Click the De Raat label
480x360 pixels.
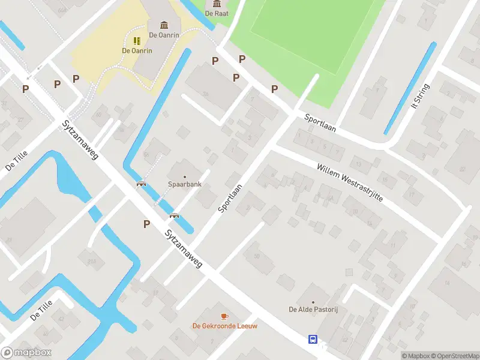click(x=216, y=13)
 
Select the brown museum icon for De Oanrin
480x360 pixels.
click(x=164, y=25)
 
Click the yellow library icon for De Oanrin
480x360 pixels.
click(x=137, y=41)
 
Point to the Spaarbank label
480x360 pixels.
click(x=184, y=184)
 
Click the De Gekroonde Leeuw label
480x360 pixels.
click(x=225, y=326)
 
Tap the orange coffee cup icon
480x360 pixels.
click(x=225, y=316)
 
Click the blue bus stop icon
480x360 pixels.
click(x=313, y=340)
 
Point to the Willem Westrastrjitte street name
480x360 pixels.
click(x=349, y=182)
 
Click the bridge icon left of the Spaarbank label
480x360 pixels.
click(x=142, y=184)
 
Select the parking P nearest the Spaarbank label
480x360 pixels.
click(x=146, y=224)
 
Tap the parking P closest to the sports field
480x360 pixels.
click(x=274, y=89)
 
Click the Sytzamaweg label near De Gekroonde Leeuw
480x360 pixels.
click(x=184, y=249)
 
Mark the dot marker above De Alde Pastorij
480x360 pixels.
click(x=313, y=302)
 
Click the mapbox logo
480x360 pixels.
click(x=26, y=353)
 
